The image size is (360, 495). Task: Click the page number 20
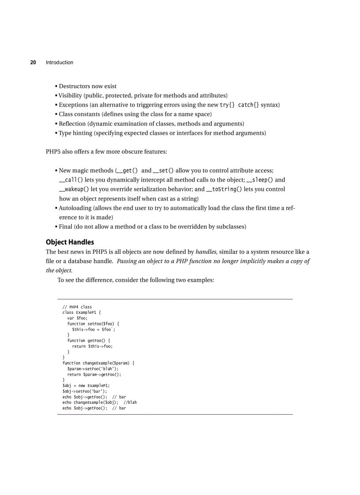point(33,63)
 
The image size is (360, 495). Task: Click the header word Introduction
point(60,63)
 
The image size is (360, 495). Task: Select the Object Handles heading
point(70,242)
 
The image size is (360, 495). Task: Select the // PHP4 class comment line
point(77,307)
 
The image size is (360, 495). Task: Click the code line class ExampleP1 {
point(82,313)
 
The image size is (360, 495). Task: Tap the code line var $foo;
point(77,318)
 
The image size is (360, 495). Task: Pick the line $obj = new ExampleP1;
point(86,386)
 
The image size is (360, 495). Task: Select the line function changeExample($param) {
point(98,363)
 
